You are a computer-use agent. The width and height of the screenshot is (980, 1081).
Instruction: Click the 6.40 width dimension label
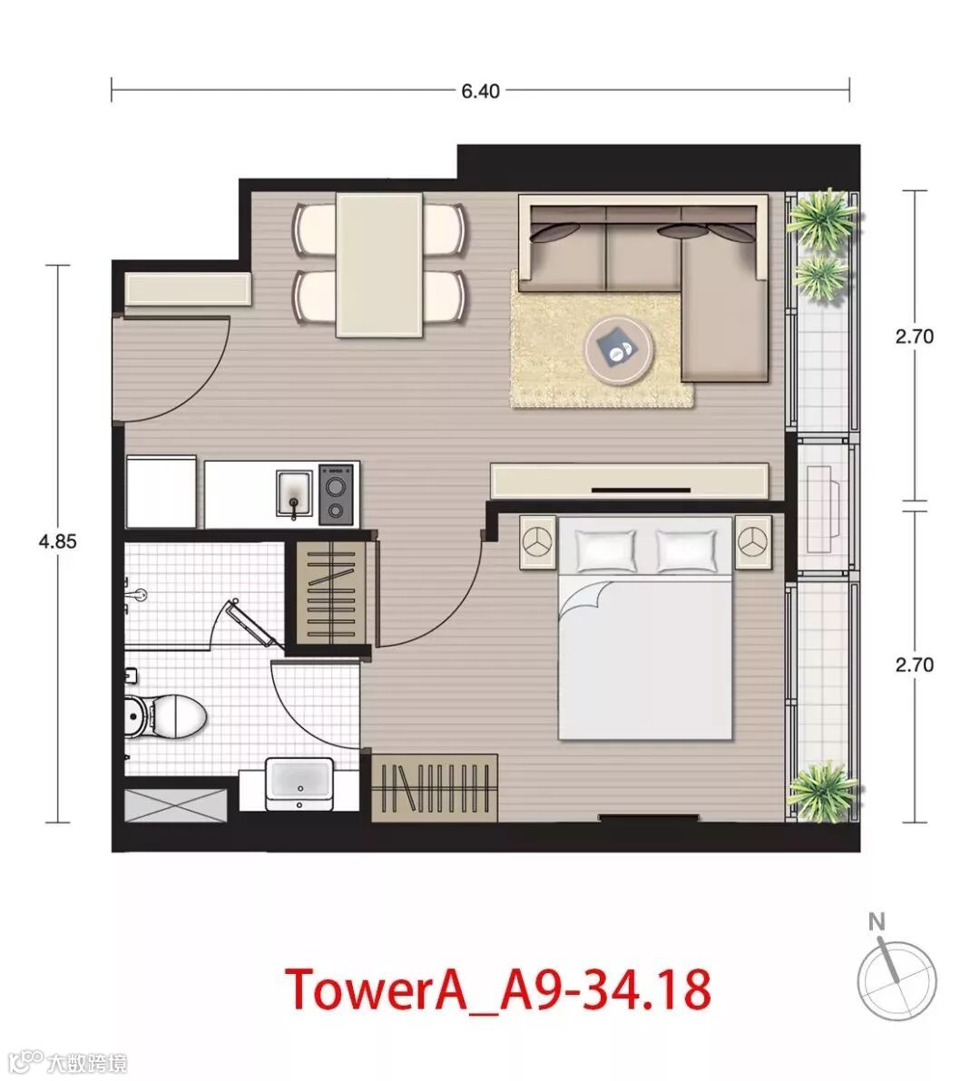pyautogui.click(x=480, y=91)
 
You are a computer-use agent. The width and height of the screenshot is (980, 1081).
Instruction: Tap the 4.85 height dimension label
pyautogui.click(x=57, y=541)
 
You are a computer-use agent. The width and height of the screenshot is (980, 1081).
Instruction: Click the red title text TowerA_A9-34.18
pyautogui.click(x=497, y=989)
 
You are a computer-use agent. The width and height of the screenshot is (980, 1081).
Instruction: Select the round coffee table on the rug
pyautogui.click(x=619, y=349)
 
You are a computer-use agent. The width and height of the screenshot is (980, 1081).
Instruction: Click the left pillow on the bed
pyautogui.click(x=606, y=550)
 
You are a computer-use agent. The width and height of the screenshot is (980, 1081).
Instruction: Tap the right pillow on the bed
pyautogui.click(x=687, y=550)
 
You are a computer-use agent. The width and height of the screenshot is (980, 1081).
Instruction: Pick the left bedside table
pyautogui.click(x=538, y=542)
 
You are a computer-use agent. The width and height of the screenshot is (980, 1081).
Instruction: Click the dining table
pyautogui.click(x=379, y=265)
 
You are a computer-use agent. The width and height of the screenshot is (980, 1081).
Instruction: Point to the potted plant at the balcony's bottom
pyautogui.click(x=822, y=791)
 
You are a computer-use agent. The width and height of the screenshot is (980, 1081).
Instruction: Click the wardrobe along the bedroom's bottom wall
pyautogui.click(x=435, y=787)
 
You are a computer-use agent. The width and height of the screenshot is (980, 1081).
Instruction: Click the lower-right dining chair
pyautogui.click(x=444, y=297)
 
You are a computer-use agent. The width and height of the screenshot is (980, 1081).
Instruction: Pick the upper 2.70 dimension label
pyautogui.click(x=914, y=336)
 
